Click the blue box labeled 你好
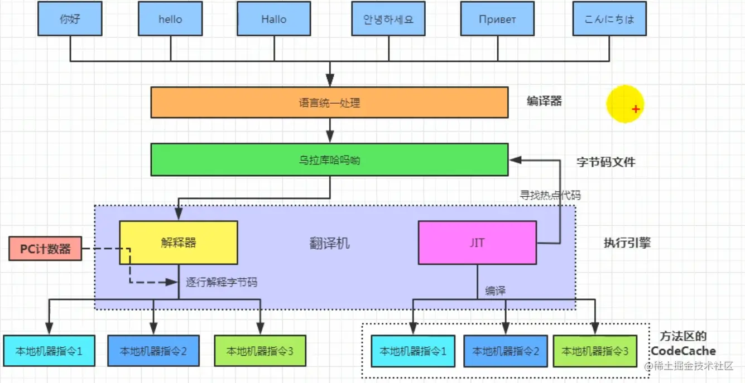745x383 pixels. click(70, 19)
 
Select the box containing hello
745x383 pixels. click(170, 19)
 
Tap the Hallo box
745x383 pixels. click(273, 19)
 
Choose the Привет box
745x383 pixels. click(497, 19)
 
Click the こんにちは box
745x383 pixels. click(609, 19)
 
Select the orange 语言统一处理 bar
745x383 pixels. click(329, 103)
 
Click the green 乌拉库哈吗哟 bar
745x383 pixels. click(329, 160)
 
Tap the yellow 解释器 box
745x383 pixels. click(179, 243)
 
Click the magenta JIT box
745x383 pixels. click(477, 243)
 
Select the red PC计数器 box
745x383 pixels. click(45, 249)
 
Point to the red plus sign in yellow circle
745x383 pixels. click(635, 109)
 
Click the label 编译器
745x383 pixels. click(544, 101)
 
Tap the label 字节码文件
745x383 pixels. click(605, 162)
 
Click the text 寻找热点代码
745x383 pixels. click(550, 195)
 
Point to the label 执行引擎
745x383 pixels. click(627, 243)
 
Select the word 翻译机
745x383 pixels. click(329, 243)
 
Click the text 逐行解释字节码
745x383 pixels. click(222, 282)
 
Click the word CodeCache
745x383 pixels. click(683, 351)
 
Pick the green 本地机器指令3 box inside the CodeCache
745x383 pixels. click(595, 351)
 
